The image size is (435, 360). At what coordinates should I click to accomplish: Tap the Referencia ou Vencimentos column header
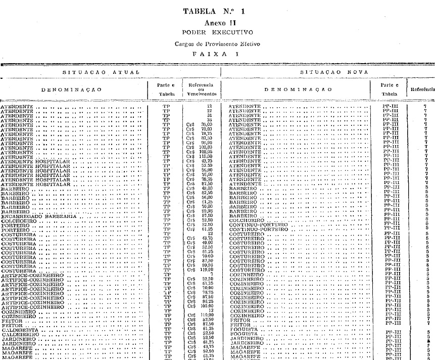click(201, 89)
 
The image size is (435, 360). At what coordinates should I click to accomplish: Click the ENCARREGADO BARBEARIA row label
click(38, 216)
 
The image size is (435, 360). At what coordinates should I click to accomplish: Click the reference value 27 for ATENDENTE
click(209, 111)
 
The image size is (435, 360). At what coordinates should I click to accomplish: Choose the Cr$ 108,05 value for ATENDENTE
click(204, 151)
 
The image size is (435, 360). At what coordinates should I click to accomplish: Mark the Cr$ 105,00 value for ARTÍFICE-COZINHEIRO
click(204, 305)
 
